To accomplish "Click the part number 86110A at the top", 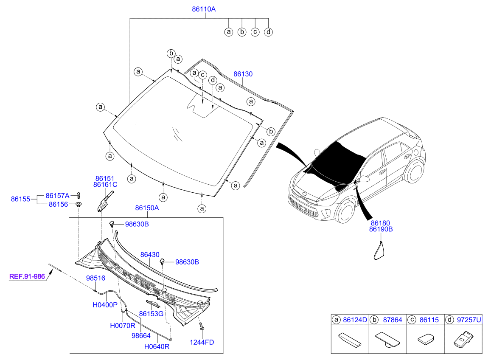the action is pos(204,9).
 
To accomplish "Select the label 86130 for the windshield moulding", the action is pos(243,74).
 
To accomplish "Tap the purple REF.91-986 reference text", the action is pos(27,276).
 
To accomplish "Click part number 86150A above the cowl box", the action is pos(147,208).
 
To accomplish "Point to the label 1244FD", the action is pos(202,342).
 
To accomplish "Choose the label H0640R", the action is pos(157,346).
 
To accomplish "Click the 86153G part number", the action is pos(151,314).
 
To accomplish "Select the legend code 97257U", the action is pos(469,320).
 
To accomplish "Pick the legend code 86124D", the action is pos(355,320).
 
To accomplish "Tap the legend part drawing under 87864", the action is pos(387,339).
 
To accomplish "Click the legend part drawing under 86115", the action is pos(426,339).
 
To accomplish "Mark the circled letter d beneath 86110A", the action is pos(268,32).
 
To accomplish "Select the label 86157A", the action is pos(57,196).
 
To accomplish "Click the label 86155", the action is pos(20,199).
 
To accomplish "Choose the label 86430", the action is pos(150,255).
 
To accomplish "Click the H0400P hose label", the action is pos(105,305).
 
